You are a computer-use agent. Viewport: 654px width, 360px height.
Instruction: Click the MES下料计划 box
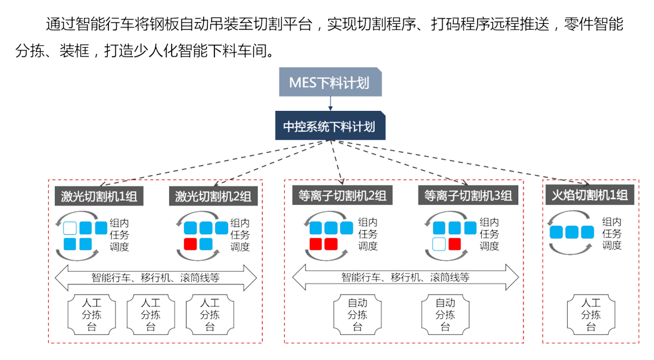pyautogui.click(x=329, y=82)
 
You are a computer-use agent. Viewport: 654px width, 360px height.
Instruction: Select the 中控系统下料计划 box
pyautogui.click(x=329, y=127)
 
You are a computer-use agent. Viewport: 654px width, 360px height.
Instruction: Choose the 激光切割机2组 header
pyautogui.click(x=213, y=196)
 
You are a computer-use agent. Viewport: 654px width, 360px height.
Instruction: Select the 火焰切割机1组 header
pyautogui.click(x=589, y=195)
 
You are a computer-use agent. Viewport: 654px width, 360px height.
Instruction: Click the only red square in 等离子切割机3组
pyautogui.click(x=455, y=243)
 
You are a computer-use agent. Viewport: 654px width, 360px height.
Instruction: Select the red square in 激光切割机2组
pyautogui.click(x=191, y=244)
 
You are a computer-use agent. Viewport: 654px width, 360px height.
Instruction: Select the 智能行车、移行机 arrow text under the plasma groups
pyautogui.click(x=406, y=277)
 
